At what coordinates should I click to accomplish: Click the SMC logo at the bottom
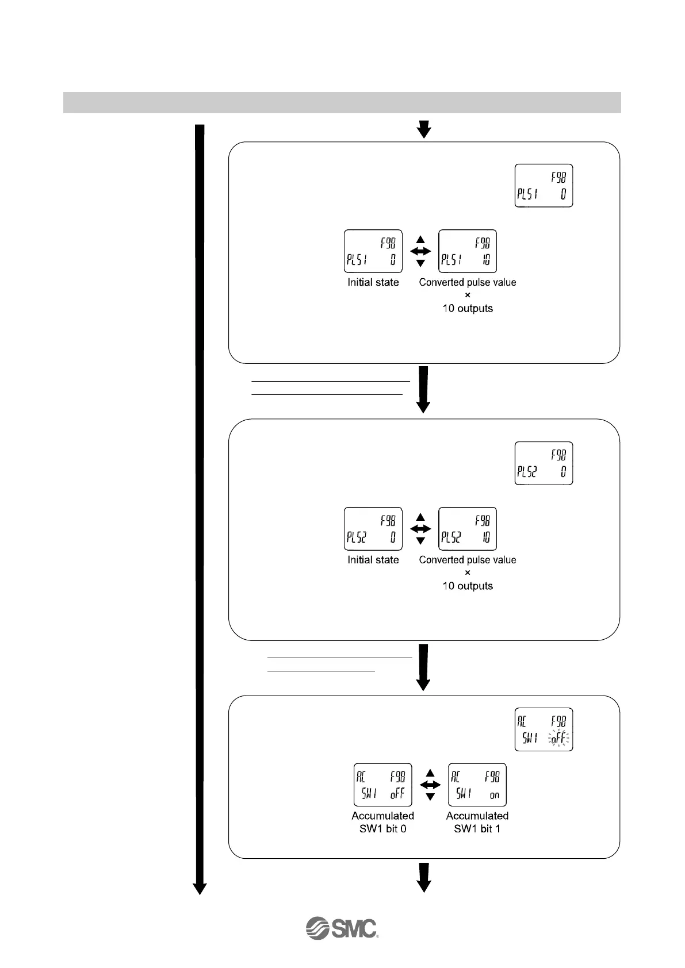342,928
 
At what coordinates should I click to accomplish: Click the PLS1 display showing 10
467,251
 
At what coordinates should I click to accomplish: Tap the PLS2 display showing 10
467,529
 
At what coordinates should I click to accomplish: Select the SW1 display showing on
477,785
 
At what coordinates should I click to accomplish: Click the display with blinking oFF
544,729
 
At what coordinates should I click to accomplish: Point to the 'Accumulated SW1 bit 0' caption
382,822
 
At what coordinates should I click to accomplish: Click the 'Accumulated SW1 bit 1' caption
477,822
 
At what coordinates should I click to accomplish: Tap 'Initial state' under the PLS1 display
373,282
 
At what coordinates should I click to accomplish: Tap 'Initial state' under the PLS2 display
373,560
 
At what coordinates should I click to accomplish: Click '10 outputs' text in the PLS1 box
467,308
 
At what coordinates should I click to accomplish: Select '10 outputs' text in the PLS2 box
467,586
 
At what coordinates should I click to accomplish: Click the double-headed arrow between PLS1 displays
420,251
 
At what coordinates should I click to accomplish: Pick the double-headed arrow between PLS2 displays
420,529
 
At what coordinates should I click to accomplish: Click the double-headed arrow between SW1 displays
430,785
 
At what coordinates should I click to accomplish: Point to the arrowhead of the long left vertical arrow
200,889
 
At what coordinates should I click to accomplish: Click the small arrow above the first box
424,129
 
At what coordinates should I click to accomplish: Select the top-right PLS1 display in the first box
544,186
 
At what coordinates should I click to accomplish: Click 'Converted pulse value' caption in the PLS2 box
467,560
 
